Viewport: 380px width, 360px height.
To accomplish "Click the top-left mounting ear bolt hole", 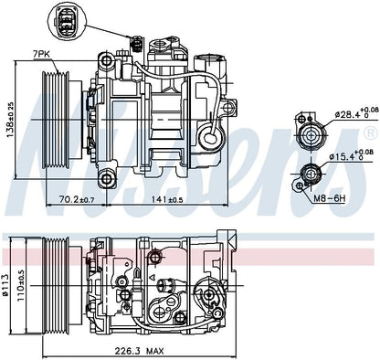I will tap(108, 63).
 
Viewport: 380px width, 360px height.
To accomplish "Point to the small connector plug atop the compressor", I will tap(138, 42).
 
